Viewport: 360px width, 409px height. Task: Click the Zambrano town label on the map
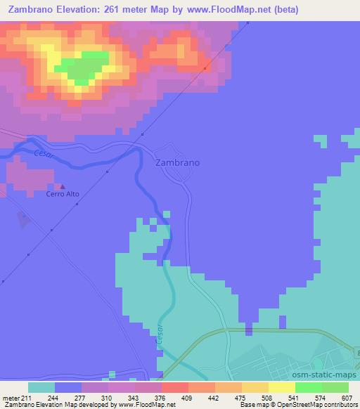tap(176, 162)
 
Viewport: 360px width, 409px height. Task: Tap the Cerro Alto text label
tap(63, 194)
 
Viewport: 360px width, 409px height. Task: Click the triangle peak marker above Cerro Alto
tap(63, 187)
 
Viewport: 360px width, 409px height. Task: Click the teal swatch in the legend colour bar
tap(41, 387)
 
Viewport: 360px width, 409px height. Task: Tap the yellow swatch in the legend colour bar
tap(282, 387)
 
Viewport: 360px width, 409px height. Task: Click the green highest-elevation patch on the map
tap(83, 67)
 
